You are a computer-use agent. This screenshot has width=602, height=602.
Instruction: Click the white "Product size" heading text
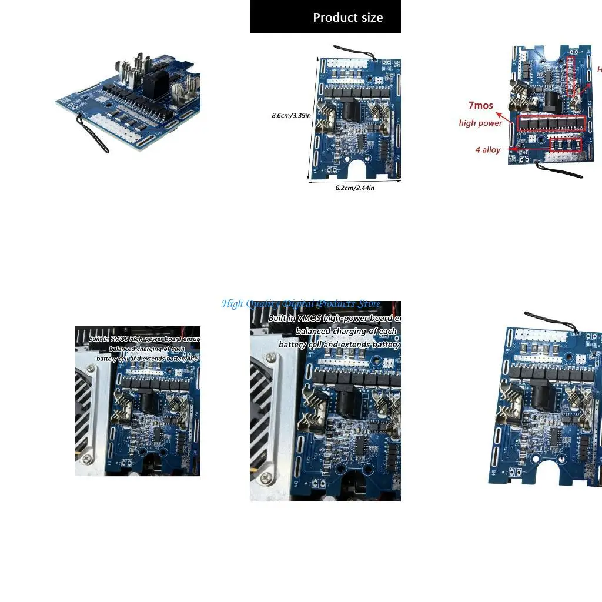click(x=347, y=18)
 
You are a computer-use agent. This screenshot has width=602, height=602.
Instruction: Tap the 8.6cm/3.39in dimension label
click(x=291, y=115)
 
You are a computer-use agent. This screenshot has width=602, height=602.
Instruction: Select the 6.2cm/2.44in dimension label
click(x=354, y=188)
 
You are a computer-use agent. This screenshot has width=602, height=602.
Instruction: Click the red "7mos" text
click(x=480, y=106)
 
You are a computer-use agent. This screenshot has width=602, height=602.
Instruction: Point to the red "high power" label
click(x=480, y=123)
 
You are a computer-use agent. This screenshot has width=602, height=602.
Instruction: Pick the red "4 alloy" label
click(x=488, y=150)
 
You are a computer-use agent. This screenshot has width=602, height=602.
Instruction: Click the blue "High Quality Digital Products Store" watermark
click(x=301, y=304)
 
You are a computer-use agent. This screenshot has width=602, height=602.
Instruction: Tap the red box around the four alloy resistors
click(x=565, y=145)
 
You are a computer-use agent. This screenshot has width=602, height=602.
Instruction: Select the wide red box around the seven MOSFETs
click(x=551, y=123)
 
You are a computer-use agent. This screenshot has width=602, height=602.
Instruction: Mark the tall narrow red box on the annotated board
click(x=570, y=76)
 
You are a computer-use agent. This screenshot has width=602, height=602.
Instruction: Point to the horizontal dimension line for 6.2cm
click(x=354, y=182)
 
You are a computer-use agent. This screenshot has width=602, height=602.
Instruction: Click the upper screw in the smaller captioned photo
click(x=91, y=369)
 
